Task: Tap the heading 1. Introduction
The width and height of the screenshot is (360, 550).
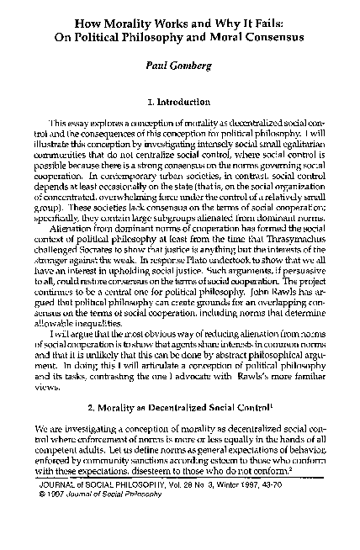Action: coord(179,103)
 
